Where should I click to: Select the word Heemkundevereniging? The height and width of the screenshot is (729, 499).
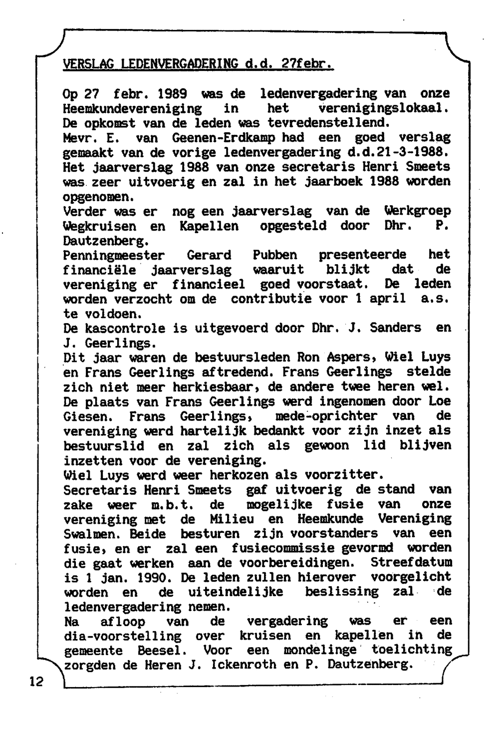coord(133,108)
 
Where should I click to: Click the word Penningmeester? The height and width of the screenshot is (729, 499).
coord(114,255)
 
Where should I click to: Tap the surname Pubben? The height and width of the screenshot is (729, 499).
coord(275,255)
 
